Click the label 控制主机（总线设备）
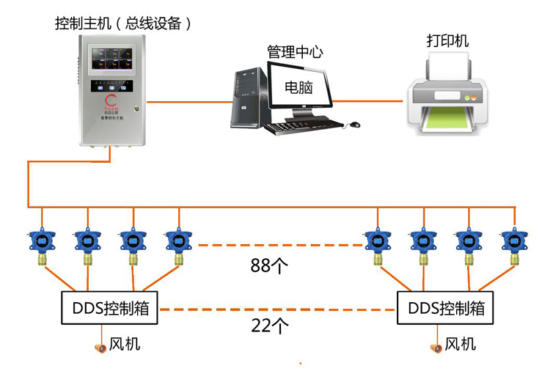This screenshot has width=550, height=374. [x=124, y=23]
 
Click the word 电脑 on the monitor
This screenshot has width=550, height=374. [x=298, y=87]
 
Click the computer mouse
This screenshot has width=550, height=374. [x=355, y=125]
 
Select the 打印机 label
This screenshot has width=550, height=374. [x=447, y=40]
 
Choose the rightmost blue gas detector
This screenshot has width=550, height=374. [x=512, y=242]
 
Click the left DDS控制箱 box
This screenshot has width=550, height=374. [x=109, y=308]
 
